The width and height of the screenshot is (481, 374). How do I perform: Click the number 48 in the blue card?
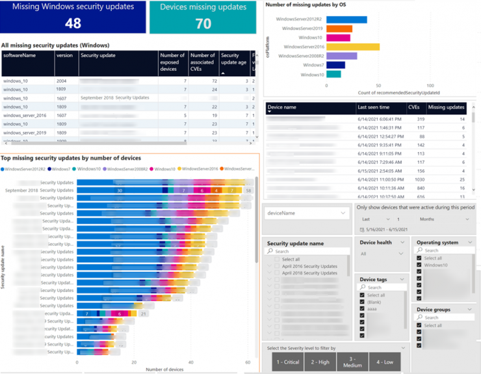coord(73,23)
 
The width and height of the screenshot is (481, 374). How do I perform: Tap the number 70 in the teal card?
coord(203,23)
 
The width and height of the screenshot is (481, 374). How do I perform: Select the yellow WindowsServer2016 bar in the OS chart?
coord(353,47)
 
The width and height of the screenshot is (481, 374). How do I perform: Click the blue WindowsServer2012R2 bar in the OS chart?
coord(346,20)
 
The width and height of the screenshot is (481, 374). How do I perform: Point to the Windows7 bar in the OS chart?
coord(335,65)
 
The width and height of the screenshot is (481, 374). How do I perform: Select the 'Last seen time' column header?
coord(374,107)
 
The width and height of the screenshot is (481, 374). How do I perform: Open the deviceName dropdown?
coord(305,213)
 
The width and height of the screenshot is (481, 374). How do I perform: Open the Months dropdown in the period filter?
coord(444,220)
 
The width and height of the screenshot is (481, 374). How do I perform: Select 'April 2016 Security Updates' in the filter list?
coord(309,266)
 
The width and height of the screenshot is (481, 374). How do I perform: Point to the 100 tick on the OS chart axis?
coord(430,85)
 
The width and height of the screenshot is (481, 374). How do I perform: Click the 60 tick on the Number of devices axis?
coord(248,362)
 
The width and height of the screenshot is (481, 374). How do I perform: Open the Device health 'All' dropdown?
coord(382,254)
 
